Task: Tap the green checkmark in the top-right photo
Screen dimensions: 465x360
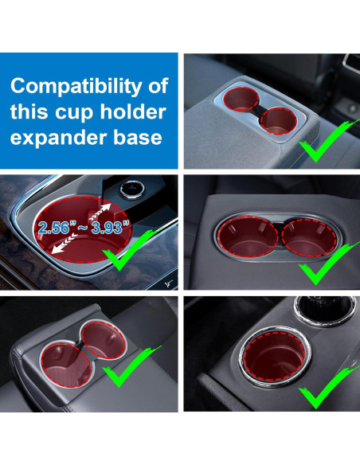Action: [322, 139]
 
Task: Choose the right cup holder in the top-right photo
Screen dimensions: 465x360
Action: [280, 119]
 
